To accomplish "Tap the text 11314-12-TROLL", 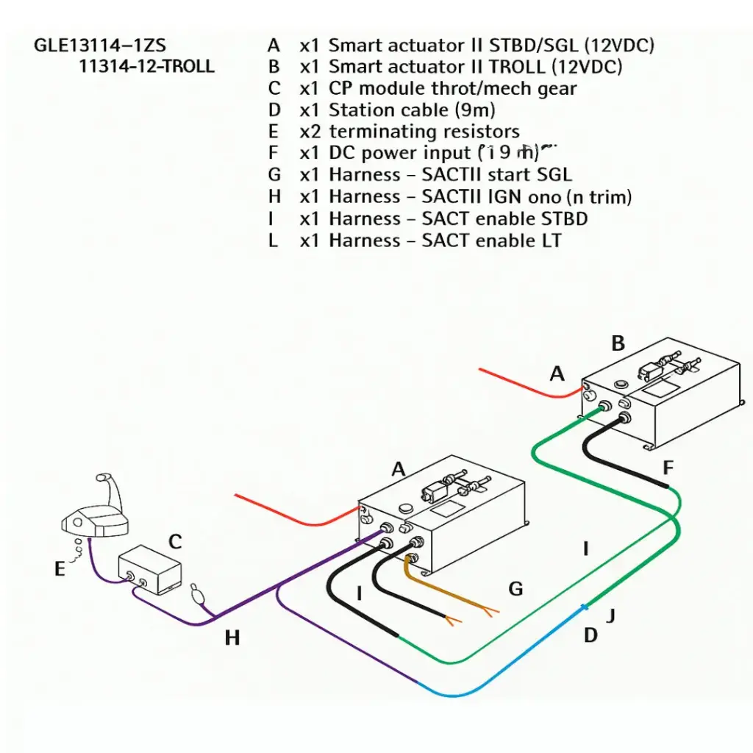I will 146,66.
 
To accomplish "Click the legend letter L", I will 274,240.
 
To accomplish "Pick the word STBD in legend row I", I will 564,218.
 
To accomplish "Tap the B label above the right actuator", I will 618,343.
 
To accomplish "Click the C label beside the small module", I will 175,543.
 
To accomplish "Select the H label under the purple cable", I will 232,638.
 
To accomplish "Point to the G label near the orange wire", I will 515,588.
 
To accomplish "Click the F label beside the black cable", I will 668,468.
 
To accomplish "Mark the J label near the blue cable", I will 609,616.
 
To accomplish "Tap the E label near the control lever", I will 60,568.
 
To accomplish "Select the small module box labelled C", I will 149,571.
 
